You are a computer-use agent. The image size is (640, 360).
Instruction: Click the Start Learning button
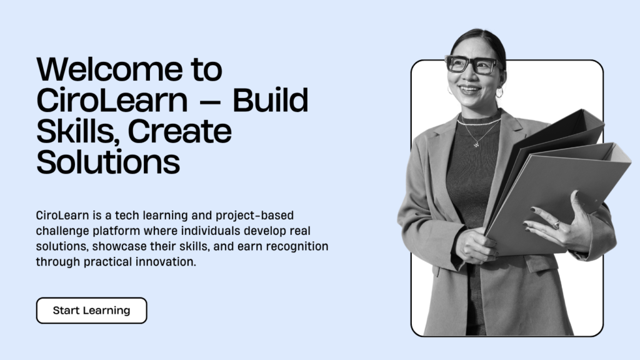click(x=91, y=311)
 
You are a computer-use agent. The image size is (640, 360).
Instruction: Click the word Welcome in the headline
click(x=109, y=69)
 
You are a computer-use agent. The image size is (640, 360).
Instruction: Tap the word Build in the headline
click(x=270, y=100)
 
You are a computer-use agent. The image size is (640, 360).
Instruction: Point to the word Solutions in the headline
click(x=108, y=162)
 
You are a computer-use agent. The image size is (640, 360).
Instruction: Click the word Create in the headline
click(x=179, y=131)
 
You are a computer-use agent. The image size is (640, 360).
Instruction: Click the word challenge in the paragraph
click(x=62, y=231)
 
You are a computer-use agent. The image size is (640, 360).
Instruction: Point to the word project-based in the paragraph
click(x=255, y=216)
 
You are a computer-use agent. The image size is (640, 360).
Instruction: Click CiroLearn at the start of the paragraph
click(x=62, y=216)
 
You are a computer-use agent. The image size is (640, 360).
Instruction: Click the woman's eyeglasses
click(x=474, y=65)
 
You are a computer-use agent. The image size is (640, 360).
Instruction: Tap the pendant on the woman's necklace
click(x=476, y=144)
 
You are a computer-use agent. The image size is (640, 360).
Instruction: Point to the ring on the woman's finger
click(x=556, y=224)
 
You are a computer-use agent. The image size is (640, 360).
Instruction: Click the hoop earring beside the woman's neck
click(x=499, y=92)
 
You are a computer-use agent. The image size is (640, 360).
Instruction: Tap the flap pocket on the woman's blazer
click(x=542, y=262)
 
